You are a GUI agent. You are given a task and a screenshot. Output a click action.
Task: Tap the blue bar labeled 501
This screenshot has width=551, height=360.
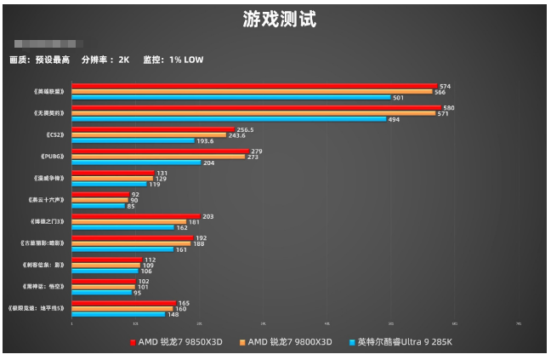click(230, 97)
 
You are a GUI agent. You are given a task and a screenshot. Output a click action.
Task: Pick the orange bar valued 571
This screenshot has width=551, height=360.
click(253, 113)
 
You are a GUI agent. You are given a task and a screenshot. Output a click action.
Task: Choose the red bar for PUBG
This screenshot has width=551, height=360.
click(160, 151)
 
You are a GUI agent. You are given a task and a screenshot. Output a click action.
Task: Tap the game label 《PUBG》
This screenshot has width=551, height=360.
click(53, 157)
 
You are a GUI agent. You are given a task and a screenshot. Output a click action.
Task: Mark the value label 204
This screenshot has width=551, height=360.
click(208, 163)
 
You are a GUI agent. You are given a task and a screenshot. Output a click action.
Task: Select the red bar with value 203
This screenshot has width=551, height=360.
click(136, 217)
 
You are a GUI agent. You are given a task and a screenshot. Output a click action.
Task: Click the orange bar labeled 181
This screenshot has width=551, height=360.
click(129, 222)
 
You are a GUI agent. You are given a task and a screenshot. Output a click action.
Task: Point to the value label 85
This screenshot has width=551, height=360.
click(131, 206)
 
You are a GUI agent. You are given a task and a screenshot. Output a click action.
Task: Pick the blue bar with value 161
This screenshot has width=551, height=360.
click(122, 249)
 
